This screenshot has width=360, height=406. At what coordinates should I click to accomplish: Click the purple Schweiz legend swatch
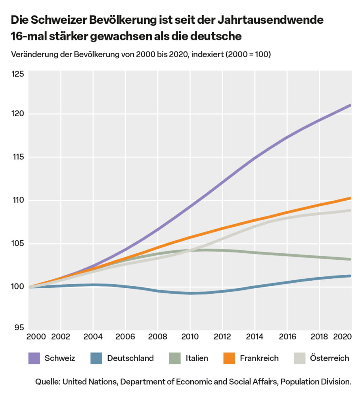tap(34, 358)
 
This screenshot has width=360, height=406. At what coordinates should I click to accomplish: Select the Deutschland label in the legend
tap(130, 358)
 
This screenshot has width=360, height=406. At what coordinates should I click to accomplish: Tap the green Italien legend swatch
tap(175, 358)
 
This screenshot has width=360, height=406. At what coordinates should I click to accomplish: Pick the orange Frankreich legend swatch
tap(229, 358)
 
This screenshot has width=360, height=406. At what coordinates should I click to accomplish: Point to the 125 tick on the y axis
tap(18, 74)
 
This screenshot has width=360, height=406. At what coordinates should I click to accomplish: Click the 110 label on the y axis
tap(18, 200)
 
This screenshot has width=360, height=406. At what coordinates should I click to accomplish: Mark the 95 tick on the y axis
tap(19, 327)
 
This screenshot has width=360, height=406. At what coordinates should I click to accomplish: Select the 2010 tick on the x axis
tap(191, 337)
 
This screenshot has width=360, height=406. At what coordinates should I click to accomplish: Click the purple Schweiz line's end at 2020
tap(350, 105)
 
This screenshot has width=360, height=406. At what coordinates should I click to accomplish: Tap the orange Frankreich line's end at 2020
tap(350, 198)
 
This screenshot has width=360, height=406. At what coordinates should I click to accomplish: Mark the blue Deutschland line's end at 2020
tap(350, 276)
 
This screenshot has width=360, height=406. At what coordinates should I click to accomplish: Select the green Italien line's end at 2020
tap(350, 259)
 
